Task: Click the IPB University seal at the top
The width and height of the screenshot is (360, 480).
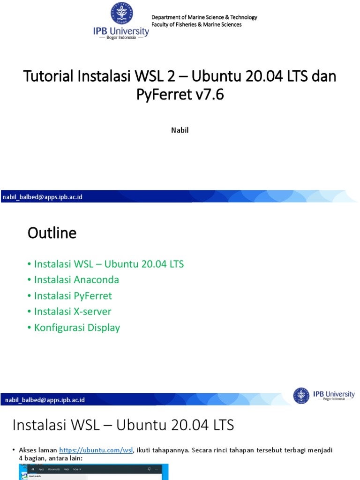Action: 121,14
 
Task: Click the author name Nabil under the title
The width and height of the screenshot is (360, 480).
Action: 180,130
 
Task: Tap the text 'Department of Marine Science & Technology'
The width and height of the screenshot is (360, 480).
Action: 204,17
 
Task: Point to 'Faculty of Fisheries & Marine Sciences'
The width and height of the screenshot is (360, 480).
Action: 196,24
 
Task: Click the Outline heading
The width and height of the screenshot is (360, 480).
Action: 52,233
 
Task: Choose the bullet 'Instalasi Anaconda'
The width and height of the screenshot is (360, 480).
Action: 76,280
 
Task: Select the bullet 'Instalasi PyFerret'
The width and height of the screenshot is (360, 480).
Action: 73,296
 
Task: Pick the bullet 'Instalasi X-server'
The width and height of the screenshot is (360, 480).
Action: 73,311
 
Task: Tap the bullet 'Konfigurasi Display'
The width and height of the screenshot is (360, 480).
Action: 77,327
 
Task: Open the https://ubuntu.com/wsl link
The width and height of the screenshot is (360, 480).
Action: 96,450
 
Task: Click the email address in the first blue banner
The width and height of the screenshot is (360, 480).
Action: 43,197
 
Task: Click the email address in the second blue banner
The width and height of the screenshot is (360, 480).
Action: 45,400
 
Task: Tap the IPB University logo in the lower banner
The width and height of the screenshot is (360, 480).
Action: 324,395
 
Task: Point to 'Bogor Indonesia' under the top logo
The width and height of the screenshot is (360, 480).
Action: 121,37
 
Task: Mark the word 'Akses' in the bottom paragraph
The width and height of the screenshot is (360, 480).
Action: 28,450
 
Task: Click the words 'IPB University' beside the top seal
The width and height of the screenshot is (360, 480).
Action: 121,31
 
